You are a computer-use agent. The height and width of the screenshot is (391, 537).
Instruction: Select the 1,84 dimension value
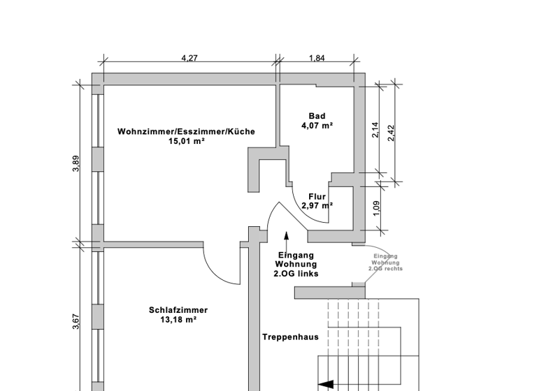coord(317,59)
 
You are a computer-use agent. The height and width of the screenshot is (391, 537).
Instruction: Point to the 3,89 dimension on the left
coord(76,163)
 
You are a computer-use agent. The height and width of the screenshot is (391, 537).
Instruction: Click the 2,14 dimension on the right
coord(375,130)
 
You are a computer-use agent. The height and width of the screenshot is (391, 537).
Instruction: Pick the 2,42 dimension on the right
coord(392,133)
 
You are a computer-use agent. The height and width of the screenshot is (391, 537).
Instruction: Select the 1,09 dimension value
coord(376,208)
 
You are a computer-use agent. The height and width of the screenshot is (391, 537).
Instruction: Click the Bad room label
coord(317,117)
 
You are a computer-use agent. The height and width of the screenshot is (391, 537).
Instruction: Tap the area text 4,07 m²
coord(317,126)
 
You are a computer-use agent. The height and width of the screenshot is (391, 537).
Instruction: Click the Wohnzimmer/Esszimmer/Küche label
coord(186,131)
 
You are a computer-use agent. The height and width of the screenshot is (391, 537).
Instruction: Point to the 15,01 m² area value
coord(186,141)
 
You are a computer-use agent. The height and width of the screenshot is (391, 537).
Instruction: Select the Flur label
coord(317,197)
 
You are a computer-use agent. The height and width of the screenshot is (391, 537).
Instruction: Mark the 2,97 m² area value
coord(317,206)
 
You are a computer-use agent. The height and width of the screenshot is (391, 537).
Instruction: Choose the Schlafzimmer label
coord(178,311)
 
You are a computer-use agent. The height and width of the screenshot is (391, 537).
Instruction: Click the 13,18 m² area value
coord(178,320)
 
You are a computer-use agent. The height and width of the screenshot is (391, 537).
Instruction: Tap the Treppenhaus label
coord(290,337)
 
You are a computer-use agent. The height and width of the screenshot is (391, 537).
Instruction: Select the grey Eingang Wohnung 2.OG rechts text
coord(385,263)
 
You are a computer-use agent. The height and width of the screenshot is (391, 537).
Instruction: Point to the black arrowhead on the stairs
coord(325,384)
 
